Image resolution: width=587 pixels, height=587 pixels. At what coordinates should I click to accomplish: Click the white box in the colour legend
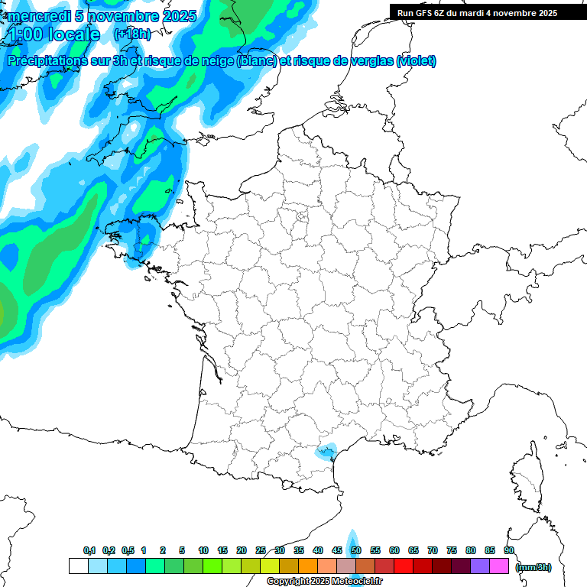coord(78,566)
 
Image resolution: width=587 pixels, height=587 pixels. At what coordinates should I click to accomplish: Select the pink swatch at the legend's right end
coord(499,566)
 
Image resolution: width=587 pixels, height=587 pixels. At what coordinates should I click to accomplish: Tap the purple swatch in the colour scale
coord(480,566)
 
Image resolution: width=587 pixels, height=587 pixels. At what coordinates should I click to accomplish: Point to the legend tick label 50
coord(356,550)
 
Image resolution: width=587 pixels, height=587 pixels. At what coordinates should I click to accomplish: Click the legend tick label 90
coord(509,550)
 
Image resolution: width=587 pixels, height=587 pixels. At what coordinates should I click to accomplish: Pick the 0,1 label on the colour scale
coord(89,550)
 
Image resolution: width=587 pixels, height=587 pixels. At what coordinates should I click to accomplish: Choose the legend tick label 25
coord(261,550)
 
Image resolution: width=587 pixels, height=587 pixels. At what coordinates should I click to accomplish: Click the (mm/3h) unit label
coord(533,567)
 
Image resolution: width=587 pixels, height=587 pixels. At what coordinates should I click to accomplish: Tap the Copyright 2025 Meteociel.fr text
coord(325,582)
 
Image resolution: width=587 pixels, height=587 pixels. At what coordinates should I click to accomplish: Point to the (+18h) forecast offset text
coord(131,34)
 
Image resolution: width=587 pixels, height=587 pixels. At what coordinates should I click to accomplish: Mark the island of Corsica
coord(527,478)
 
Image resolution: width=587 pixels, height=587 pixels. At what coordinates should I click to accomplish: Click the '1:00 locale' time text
coord(55,34)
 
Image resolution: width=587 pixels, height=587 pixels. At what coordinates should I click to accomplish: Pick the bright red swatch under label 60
coord(404,566)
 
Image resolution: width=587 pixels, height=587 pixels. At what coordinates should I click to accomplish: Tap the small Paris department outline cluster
coord(301,219)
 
